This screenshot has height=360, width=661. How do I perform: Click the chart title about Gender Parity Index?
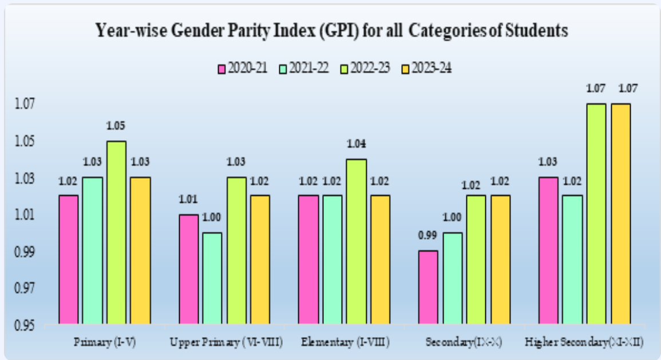coord(331,31)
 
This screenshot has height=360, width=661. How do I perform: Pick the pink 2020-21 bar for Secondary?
coord(428,287)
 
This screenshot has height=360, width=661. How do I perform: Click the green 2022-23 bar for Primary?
coord(117,232)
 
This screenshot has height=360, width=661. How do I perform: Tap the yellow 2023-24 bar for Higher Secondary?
coord(621,214)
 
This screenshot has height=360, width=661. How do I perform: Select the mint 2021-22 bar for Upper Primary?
coord(212,278)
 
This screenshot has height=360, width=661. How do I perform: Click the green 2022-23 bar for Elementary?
coord(356,242)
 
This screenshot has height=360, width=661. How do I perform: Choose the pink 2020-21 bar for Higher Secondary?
coord(549,251)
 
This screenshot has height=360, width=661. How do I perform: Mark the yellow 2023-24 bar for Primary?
coord(141,251)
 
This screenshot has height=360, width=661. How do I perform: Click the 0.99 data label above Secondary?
coord(428,236)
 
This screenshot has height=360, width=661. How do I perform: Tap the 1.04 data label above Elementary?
coord(356,144)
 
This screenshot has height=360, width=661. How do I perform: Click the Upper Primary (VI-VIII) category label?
coord(226,343)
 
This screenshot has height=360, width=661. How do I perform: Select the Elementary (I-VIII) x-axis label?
coord(345,343)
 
